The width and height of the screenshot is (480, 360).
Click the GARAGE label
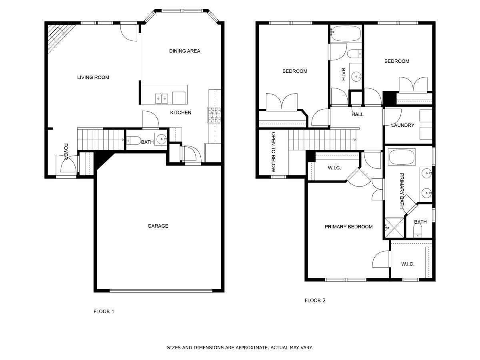tap(158, 226)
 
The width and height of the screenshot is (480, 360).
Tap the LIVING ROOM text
tap(93, 78)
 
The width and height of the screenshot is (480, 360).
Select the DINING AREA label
tap(184, 51)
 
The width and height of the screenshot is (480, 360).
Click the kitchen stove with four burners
tap(214, 115)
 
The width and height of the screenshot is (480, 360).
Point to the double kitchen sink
tap(161, 98)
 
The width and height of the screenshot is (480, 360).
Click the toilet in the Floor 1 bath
tap(133, 140)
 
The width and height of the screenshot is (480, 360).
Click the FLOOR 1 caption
tap(104, 311)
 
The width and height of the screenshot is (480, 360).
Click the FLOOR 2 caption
tap(315, 300)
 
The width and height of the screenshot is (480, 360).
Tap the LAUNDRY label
tap(402, 126)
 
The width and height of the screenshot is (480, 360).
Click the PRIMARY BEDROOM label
tap(348, 227)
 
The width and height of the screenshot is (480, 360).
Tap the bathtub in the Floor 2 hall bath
tap(345, 34)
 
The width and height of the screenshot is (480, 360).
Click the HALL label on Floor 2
tap(357, 114)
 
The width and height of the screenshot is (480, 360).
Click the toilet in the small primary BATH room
tap(418, 231)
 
